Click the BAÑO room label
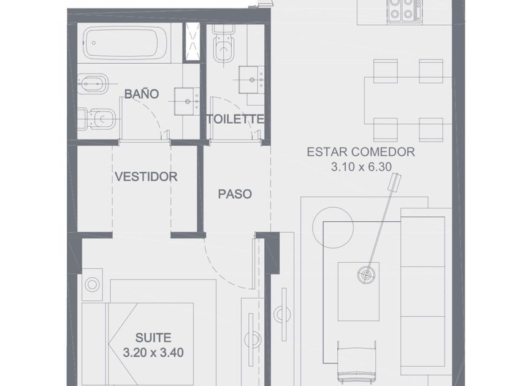click(142, 94)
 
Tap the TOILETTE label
click(235, 119)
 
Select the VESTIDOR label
click(146, 176)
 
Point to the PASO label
click(235, 194)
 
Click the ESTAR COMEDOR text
click(360, 152)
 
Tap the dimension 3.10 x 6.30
click(361, 167)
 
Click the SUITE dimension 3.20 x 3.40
click(153, 353)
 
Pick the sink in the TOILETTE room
click(251, 80)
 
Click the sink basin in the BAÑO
click(187, 102)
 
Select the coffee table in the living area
click(359, 291)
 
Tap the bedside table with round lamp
click(92, 284)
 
